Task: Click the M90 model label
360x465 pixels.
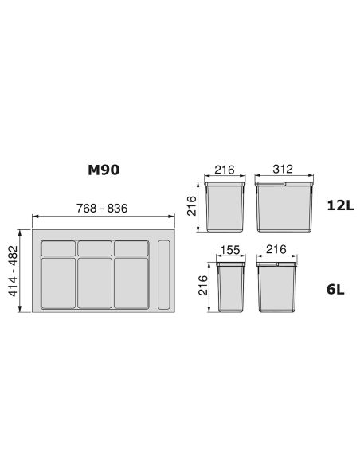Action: pyautogui.click(x=104, y=170)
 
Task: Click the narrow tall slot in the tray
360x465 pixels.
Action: pyautogui.click(x=165, y=275)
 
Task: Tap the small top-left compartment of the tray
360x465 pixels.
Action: pyautogui.click(x=57, y=248)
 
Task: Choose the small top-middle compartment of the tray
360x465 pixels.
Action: pyautogui.click(x=95, y=248)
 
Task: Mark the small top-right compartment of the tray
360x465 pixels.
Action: pyautogui.click(x=131, y=248)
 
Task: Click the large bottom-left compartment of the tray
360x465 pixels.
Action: pyautogui.click(x=57, y=283)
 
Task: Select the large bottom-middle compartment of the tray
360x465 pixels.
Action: pyautogui.click(x=95, y=283)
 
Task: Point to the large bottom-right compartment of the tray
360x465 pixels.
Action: pyautogui.click(x=131, y=283)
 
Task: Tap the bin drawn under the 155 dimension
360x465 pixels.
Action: pyautogui.click(x=230, y=287)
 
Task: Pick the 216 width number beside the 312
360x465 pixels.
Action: pyautogui.click(x=225, y=170)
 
